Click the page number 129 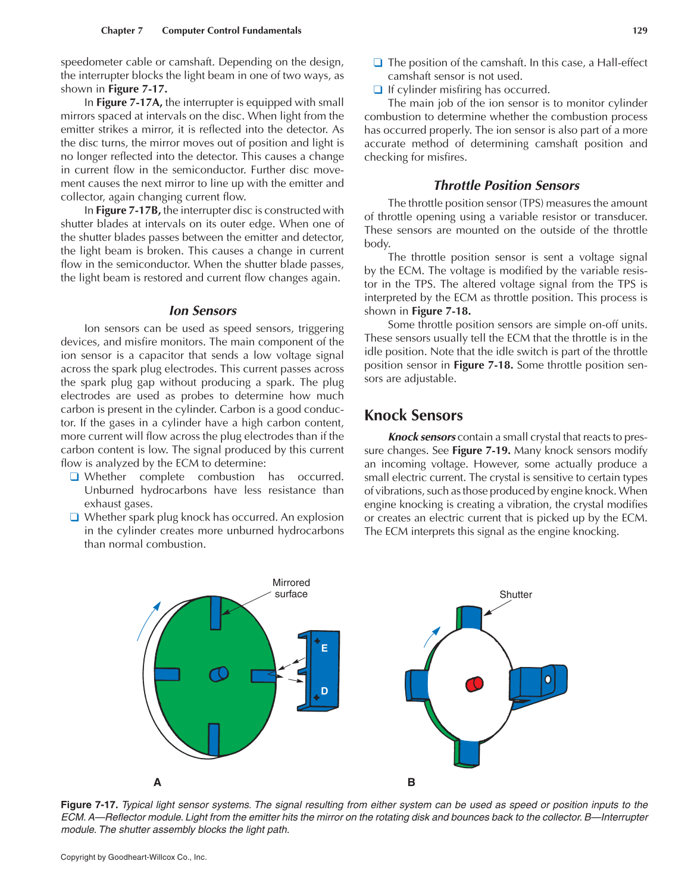tap(640, 30)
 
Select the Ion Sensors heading tap(202, 311)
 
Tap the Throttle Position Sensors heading tap(506, 186)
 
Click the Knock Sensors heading tap(414, 415)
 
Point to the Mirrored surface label tap(291, 588)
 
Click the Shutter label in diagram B tap(515, 594)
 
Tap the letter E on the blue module tap(324, 648)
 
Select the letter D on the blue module tap(324, 691)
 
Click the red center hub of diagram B tap(474, 684)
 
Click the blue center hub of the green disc tap(218, 674)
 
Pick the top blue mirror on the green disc tap(215, 613)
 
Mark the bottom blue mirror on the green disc tap(214, 739)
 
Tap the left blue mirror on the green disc tap(167, 674)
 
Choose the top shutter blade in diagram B tap(470, 618)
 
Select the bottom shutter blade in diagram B tap(468, 752)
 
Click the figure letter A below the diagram tap(157, 782)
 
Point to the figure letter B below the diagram tap(411, 782)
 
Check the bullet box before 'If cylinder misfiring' tap(377, 90)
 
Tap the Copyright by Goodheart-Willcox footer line tap(133, 857)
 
